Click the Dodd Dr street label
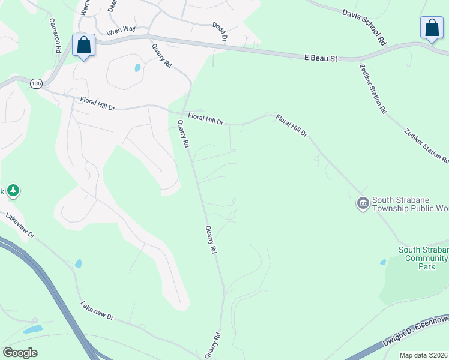click(220, 32)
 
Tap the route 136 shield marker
click(37, 84)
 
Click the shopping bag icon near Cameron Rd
click(83, 45)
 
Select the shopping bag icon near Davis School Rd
click(431, 28)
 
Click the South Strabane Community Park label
click(424, 258)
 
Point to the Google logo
click(20, 353)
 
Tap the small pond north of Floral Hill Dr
click(137, 68)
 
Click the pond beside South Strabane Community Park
click(383, 262)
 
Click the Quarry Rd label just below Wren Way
click(162, 56)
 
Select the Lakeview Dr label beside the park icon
click(20, 226)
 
